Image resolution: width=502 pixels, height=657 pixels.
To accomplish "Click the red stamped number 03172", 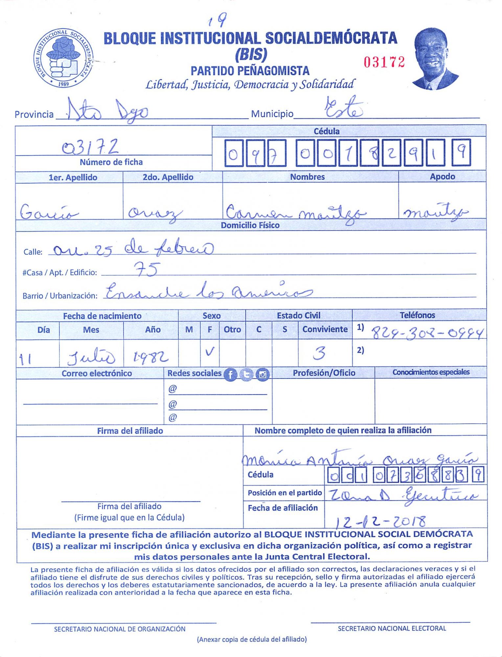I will coord(384,62).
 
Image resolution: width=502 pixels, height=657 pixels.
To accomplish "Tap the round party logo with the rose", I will coord(63,58).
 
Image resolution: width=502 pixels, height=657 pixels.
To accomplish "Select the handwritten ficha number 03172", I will coord(90,147).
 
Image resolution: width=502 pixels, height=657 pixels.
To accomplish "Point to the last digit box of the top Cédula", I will coord(461,152).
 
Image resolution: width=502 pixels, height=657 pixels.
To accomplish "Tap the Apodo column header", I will coord(442,176).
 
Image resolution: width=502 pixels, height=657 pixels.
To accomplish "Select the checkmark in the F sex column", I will coord(209,352).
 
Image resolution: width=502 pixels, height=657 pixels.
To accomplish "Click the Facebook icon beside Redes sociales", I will coord(230,374).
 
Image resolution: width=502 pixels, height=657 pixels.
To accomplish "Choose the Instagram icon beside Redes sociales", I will coord(262,374).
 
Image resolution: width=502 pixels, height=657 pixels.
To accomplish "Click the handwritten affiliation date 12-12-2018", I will coord(380,521).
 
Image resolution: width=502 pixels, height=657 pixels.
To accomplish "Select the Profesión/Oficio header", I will coord(324,373).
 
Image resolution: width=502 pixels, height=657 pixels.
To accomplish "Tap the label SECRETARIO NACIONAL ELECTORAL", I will coord(392,628).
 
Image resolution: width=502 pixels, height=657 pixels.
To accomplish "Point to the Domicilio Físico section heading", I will coord(250,225).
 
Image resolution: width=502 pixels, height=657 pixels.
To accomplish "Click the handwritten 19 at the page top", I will coord(217,21).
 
